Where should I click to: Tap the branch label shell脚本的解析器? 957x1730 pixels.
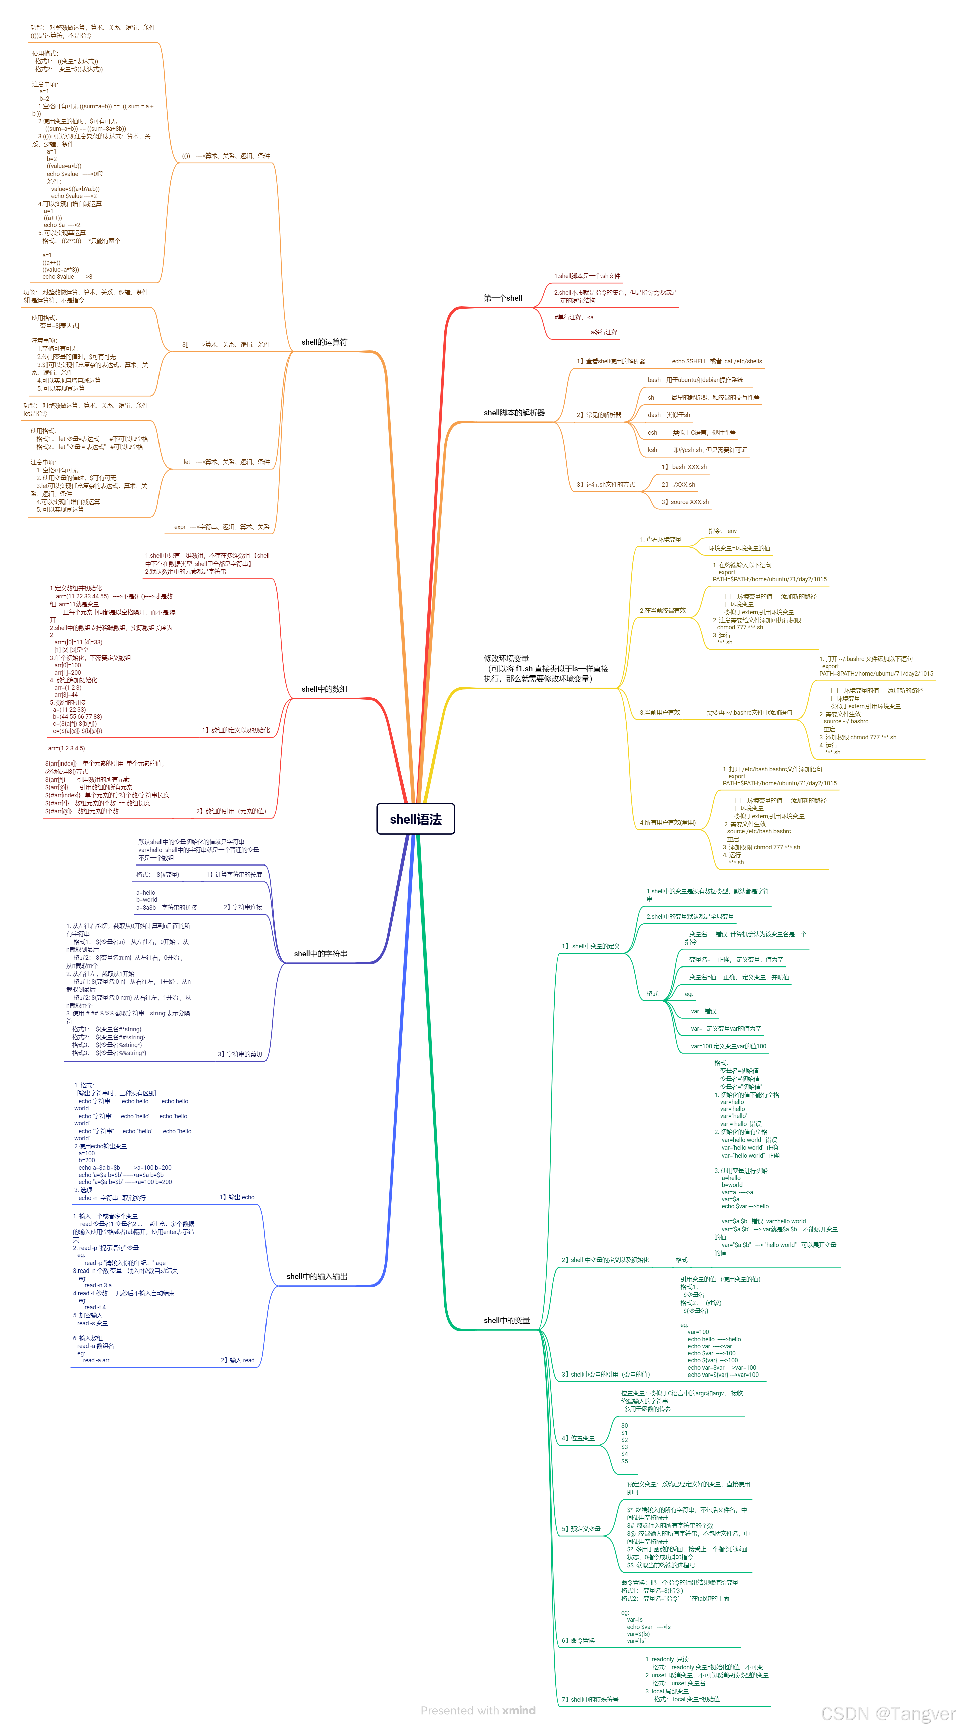[x=514, y=413]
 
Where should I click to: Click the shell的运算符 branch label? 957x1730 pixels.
[x=324, y=342]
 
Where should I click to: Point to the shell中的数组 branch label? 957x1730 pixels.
[x=324, y=689]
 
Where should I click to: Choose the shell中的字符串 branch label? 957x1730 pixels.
[x=320, y=954]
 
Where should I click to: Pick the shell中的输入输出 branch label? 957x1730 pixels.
[x=317, y=1276]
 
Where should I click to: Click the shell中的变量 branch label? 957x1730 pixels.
[x=506, y=1320]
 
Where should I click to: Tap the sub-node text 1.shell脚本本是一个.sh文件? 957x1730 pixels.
[x=587, y=276]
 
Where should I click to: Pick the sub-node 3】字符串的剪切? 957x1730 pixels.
[x=240, y=1054]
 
